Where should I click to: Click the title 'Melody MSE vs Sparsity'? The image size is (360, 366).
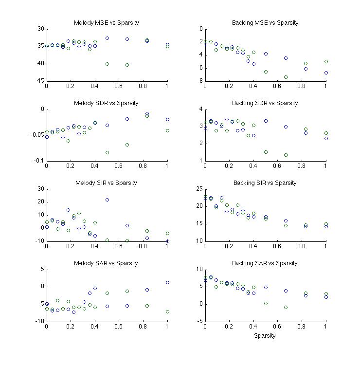point(106,23)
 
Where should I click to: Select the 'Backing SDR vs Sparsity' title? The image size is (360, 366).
point(265,103)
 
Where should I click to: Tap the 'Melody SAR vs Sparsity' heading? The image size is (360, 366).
point(106,263)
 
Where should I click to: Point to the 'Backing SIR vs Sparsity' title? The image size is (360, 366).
point(265,183)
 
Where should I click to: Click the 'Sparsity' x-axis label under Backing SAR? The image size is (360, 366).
point(265,335)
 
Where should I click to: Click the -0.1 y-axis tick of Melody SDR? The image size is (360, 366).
point(37,161)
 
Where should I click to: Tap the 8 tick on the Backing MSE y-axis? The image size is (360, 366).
point(200,81)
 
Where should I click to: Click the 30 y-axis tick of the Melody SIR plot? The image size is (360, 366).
point(40,189)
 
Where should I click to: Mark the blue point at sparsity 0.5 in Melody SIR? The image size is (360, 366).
point(107,200)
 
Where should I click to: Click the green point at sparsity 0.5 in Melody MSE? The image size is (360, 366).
point(107,64)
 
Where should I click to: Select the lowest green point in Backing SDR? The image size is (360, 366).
point(286,155)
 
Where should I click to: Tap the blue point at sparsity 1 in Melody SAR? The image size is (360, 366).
point(167,282)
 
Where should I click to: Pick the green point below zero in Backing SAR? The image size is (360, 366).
point(286,307)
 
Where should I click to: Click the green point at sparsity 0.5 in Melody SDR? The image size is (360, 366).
point(107,152)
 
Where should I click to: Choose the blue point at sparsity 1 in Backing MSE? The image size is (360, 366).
point(326,73)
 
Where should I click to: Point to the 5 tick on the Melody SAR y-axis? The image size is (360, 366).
point(42,269)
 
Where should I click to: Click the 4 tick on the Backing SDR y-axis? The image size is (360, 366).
point(200,109)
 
